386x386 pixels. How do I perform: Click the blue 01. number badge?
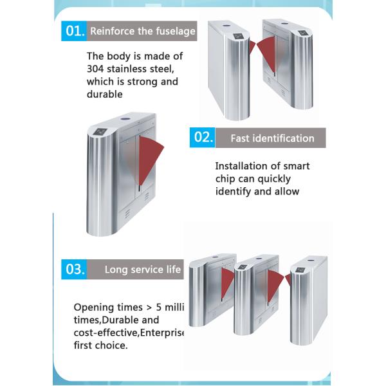tap(74, 30)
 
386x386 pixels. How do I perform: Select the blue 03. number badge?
tap(74, 270)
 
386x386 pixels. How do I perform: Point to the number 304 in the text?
tap(96, 69)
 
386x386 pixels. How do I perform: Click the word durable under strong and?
tap(104, 95)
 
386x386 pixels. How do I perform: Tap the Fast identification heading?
tap(272, 138)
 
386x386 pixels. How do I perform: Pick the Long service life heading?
tap(143, 270)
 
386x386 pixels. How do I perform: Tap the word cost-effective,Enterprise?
tap(129, 333)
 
